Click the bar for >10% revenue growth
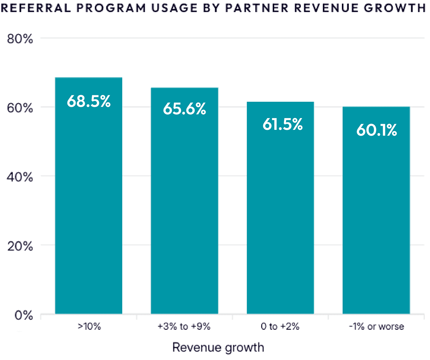click(x=89, y=196)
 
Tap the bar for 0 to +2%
click(x=280, y=208)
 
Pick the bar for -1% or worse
click(x=376, y=210)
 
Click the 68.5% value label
click(x=89, y=101)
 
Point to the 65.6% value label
click(x=184, y=109)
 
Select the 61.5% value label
click(x=282, y=125)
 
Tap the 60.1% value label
click(x=376, y=131)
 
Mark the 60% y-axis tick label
click(x=20, y=107)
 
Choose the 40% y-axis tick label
click(x=20, y=177)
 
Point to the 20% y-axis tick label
click(x=20, y=246)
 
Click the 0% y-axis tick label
click(x=24, y=315)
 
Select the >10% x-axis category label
click(x=89, y=327)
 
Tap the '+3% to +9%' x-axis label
click(x=184, y=327)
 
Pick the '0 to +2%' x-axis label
click(x=280, y=327)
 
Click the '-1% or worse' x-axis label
click(x=376, y=327)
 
